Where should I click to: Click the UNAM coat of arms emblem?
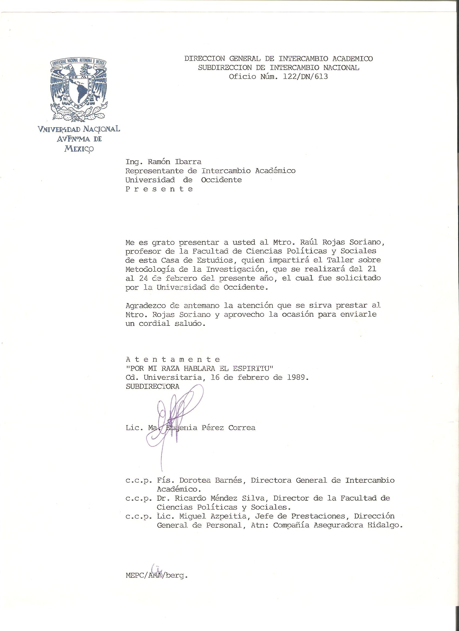coord(79,90)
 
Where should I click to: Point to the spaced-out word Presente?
coord(159,189)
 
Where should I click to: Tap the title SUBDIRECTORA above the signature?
coord(153,387)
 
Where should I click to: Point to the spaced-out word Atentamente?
coord(173,359)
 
